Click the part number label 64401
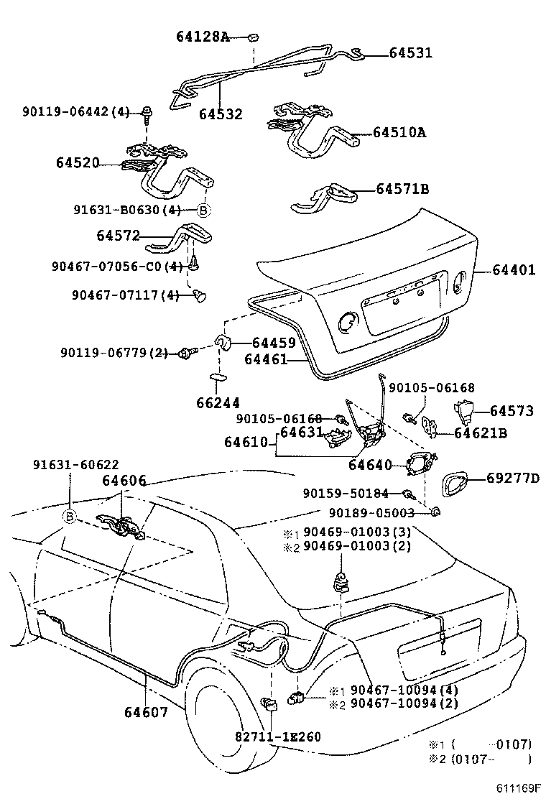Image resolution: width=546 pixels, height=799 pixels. click(514, 270)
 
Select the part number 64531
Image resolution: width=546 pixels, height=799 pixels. click(411, 52)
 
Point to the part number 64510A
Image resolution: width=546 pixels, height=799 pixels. click(399, 132)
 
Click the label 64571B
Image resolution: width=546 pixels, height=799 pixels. click(402, 189)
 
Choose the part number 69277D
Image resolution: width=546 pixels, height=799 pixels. click(513, 478)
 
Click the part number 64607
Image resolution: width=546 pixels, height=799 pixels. click(146, 712)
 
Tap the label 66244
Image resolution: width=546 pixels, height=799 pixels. click(218, 403)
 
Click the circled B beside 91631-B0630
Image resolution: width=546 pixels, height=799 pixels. click(203, 210)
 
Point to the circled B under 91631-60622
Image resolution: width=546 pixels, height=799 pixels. click(70, 517)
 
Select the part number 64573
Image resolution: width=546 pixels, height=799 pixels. click(512, 411)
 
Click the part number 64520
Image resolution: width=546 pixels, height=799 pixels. click(77, 163)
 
